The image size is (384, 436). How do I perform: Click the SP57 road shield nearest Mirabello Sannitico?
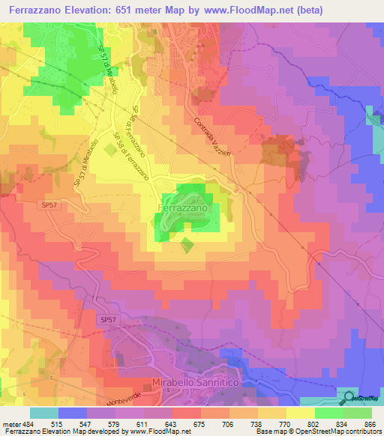click(108, 320)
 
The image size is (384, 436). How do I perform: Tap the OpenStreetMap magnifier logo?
click(350, 397)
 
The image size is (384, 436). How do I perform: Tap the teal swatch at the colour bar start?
click(44, 413)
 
